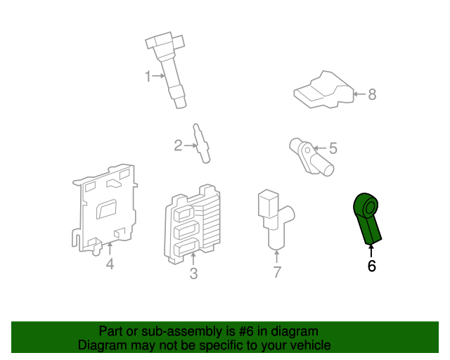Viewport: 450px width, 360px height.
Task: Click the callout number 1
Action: click(x=148, y=77)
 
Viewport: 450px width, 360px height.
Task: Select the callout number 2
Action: click(x=179, y=146)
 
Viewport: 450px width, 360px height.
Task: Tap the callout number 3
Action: click(x=193, y=274)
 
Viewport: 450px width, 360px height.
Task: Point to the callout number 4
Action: click(x=110, y=264)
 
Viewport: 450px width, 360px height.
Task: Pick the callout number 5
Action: click(x=333, y=148)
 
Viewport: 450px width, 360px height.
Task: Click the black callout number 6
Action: click(x=371, y=266)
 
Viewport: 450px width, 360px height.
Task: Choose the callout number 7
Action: click(x=277, y=272)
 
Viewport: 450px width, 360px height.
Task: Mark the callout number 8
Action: click(x=372, y=94)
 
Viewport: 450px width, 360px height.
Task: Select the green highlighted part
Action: click(x=368, y=217)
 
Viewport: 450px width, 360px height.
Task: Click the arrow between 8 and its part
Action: click(x=358, y=94)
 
